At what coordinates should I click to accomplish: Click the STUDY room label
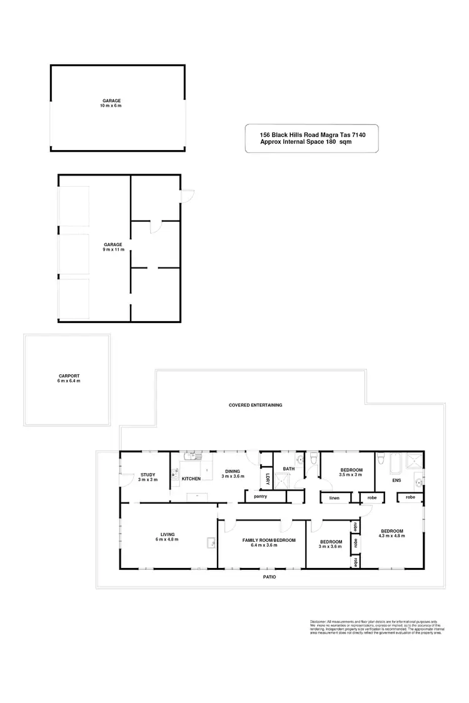tap(147, 474)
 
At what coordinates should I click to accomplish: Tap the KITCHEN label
tap(191, 479)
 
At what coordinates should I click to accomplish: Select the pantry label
tap(260, 497)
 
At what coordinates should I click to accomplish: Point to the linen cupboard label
tap(335, 498)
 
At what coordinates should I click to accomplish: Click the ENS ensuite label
tap(396, 481)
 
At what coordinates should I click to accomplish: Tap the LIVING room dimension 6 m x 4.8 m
tap(167, 539)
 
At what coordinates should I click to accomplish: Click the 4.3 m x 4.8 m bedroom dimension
tap(392, 536)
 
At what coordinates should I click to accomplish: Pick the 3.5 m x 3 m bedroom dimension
tap(351, 475)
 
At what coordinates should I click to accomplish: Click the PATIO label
tap(270, 577)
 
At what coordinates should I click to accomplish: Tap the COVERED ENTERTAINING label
tap(255, 405)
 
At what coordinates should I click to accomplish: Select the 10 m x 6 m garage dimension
tap(112, 106)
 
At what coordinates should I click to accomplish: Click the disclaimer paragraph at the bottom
tap(376, 627)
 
